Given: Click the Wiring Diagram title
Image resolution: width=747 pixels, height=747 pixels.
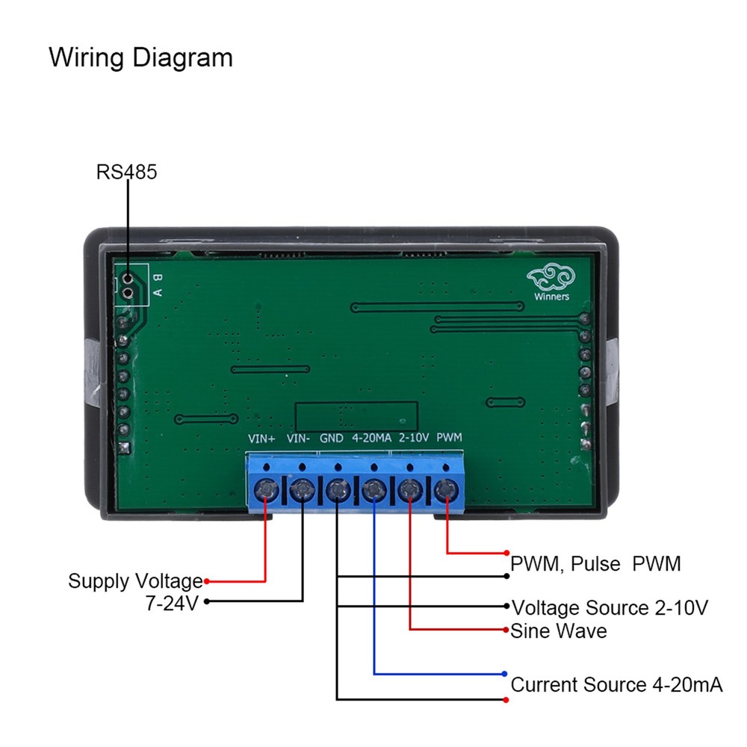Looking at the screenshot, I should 140,58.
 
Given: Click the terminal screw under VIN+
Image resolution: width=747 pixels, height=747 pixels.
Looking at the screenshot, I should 266,491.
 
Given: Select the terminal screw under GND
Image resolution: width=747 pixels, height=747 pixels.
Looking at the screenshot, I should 338,491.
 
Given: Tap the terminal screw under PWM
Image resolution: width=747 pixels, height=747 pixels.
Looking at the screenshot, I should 446,491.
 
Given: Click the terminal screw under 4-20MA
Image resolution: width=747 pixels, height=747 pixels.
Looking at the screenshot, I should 373,491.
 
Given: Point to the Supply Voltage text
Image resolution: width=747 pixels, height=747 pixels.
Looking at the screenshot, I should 135,581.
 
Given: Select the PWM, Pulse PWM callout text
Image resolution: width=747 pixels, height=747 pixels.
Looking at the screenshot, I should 595,564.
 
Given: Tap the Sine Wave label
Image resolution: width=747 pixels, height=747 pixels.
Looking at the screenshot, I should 559,631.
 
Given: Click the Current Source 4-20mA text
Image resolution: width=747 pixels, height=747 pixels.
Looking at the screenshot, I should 616,685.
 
